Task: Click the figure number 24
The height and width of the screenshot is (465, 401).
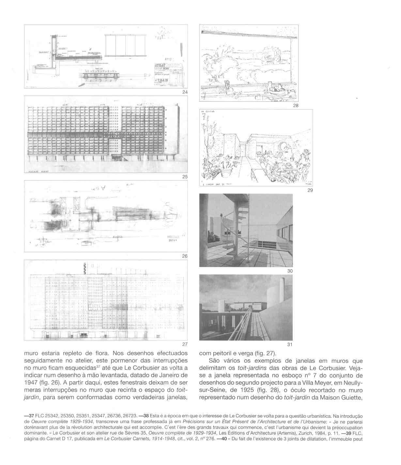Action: pos(185,92)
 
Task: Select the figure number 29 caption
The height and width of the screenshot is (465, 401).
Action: pos(310,190)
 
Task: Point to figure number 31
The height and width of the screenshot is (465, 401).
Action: pos(290,345)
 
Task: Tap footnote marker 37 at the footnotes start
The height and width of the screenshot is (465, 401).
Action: pos(30,416)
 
